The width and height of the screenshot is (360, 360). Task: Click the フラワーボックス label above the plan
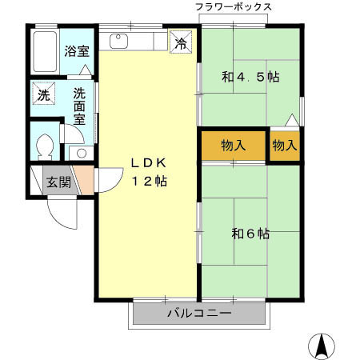coord(234,7)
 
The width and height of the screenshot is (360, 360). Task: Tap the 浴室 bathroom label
coord(78,50)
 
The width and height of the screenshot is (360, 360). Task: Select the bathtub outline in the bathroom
coord(46,50)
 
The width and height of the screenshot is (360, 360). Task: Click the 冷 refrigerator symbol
coord(182,43)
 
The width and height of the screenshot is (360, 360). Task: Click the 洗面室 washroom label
coord(79,105)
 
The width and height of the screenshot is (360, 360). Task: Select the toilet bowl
coord(46,146)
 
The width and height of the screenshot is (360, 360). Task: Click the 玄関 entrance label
coord(58,182)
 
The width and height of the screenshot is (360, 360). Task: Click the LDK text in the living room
coord(148,162)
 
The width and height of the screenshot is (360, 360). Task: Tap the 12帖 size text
coord(148,181)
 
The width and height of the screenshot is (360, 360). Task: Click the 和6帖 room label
coord(250,234)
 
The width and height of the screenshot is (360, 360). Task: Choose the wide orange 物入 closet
coord(233,146)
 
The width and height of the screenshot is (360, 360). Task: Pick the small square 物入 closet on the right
coord(284,145)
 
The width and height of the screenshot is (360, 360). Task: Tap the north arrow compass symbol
coord(322,345)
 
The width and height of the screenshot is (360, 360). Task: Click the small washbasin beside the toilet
coord(79,152)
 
